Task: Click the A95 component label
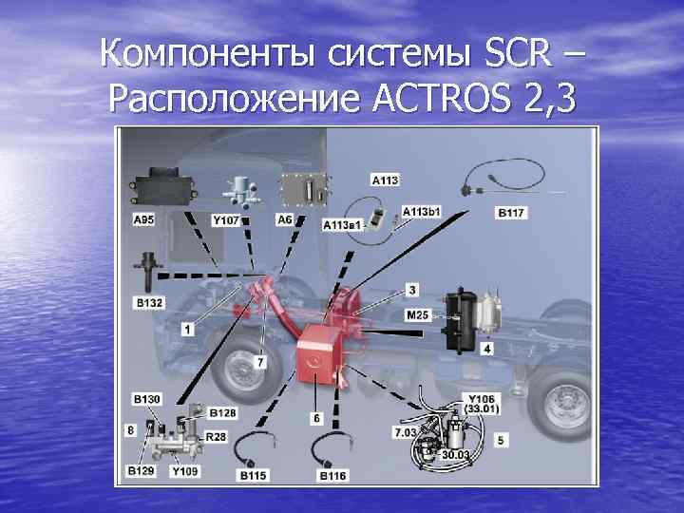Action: click(x=143, y=219)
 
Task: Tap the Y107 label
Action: click(x=225, y=220)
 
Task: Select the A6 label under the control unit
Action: click(x=285, y=219)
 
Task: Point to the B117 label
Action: click(x=511, y=213)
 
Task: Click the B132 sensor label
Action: click(x=149, y=302)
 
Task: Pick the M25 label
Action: click(x=417, y=314)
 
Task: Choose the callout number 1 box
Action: click(x=188, y=329)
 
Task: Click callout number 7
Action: click(x=260, y=362)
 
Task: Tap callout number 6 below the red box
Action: click(x=316, y=418)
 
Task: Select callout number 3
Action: click(x=412, y=290)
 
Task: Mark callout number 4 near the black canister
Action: click(x=486, y=349)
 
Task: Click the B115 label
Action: click(x=253, y=475)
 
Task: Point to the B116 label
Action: click(x=332, y=475)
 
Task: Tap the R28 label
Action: click(x=216, y=436)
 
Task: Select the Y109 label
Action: click(x=185, y=470)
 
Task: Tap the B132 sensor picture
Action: click(x=148, y=272)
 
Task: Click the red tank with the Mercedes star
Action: click(x=316, y=354)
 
